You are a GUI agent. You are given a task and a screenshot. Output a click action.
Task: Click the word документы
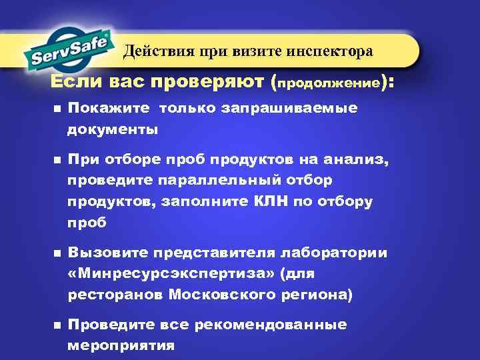point(113,129)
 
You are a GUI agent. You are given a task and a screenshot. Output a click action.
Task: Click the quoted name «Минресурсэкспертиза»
point(171,273)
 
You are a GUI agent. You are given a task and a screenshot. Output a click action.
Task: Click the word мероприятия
point(121,346)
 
